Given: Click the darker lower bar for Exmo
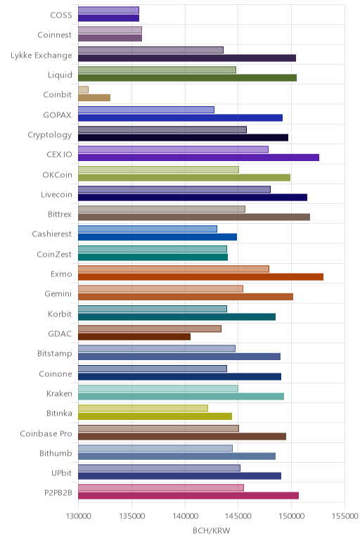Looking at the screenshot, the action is coord(201,277).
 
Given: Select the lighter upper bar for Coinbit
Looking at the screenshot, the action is coord(84,90).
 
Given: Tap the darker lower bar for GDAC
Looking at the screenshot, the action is coord(134,337).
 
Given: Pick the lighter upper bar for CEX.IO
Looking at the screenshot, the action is coord(173,150).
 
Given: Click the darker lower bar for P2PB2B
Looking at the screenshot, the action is coord(188,496).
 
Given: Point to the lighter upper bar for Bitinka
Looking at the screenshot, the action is coord(143,408).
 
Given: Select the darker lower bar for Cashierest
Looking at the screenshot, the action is coord(157,237).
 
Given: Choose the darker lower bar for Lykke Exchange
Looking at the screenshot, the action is coord(187,58).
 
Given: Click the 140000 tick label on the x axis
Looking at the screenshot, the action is coord(185,516).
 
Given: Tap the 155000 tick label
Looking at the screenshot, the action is coord(345,516).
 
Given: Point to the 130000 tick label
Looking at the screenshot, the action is coord(78,516).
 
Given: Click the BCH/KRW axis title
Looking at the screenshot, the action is coord(211,530).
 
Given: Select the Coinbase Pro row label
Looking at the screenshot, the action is coord(46,433).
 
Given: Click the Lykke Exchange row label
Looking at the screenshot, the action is coord(41,56).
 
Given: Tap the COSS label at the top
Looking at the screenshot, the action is coord(61,15).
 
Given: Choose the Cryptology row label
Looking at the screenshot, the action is coord(50,135).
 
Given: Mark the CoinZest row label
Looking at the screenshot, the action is coord(54,254).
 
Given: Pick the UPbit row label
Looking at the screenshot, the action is coord(62,473).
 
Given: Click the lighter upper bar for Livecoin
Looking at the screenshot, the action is coord(174,189).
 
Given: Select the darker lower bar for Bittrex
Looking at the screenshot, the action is coord(194,217).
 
